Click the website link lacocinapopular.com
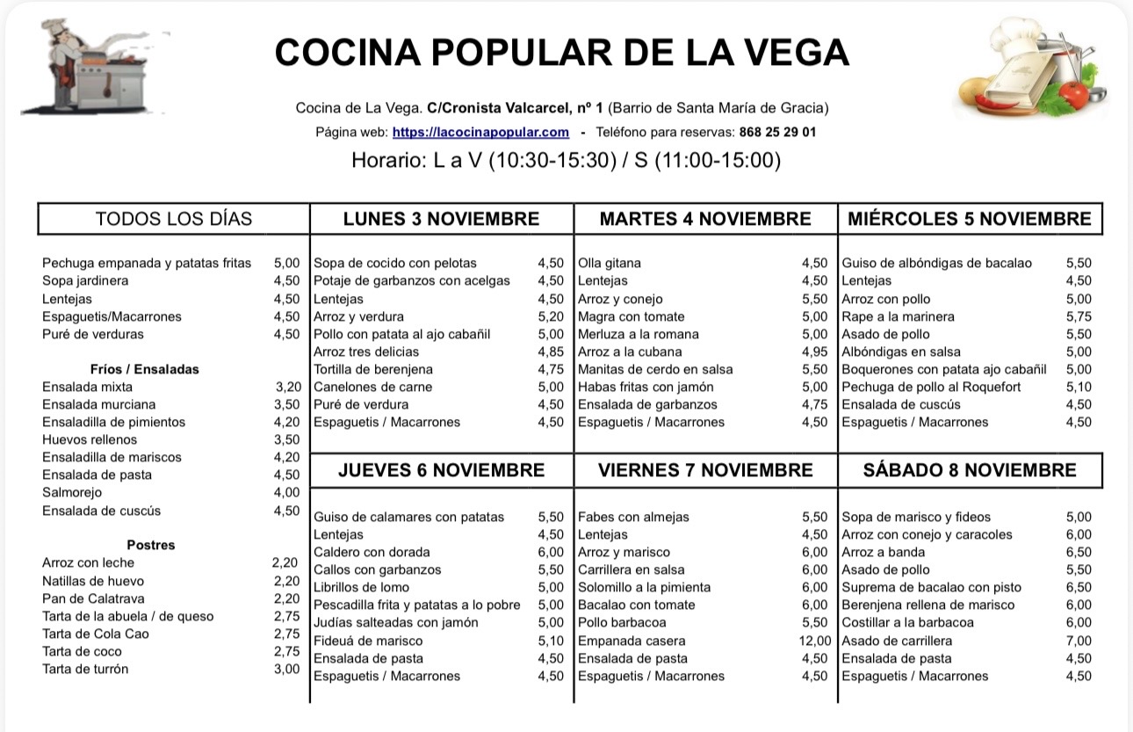coord(480,132)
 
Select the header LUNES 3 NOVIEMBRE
coord(441,219)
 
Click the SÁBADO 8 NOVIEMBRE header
coord(970,470)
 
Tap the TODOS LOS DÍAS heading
coord(173,219)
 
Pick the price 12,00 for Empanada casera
coord(814,641)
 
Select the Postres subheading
coord(150,545)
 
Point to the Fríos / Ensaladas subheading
coord(144,369)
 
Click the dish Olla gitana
coord(610,263)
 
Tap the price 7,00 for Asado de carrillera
coord(1079,641)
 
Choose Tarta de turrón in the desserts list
coord(85,669)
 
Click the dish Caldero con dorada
coord(372,552)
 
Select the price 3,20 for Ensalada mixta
coord(287,387)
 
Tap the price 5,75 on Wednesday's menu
coord(1079,316)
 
